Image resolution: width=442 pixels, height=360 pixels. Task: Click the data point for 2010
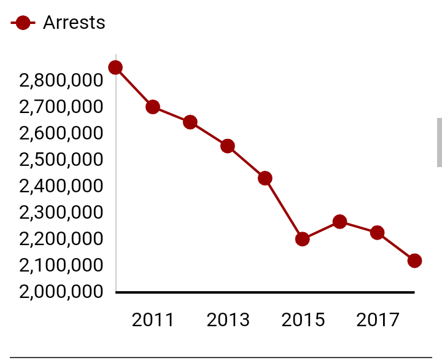coord(115,68)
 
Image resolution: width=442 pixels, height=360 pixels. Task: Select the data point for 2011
coord(153,107)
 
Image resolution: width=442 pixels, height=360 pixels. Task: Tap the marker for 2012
coord(190,122)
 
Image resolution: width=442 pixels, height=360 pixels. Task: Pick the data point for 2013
coord(228,146)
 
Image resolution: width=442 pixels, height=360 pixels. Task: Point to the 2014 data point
coord(265,178)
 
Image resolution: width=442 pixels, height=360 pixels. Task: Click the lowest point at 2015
coord(302,239)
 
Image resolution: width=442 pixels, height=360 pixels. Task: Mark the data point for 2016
coord(339,222)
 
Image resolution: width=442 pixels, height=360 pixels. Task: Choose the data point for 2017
coord(377,232)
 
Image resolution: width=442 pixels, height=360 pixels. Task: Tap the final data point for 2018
coord(414,260)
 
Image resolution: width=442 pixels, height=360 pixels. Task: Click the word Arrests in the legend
coord(74,23)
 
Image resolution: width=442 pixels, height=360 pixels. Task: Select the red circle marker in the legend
coord(23,23)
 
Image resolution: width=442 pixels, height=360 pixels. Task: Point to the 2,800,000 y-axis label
coord(61,80)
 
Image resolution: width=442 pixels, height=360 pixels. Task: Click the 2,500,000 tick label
coord(61,159)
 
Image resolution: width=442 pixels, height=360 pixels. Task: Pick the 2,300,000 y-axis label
coord(61,212)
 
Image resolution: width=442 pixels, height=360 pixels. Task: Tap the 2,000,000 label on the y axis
coord(61,291)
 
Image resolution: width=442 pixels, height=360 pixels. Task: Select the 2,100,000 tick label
coord(61,265)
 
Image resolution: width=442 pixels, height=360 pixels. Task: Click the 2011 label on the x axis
coord(153,320)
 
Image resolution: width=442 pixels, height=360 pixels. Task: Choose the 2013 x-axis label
coord(228,320)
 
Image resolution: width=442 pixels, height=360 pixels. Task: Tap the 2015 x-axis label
coord(303,320)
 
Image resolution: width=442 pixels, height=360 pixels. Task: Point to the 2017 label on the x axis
coord(378,320)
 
